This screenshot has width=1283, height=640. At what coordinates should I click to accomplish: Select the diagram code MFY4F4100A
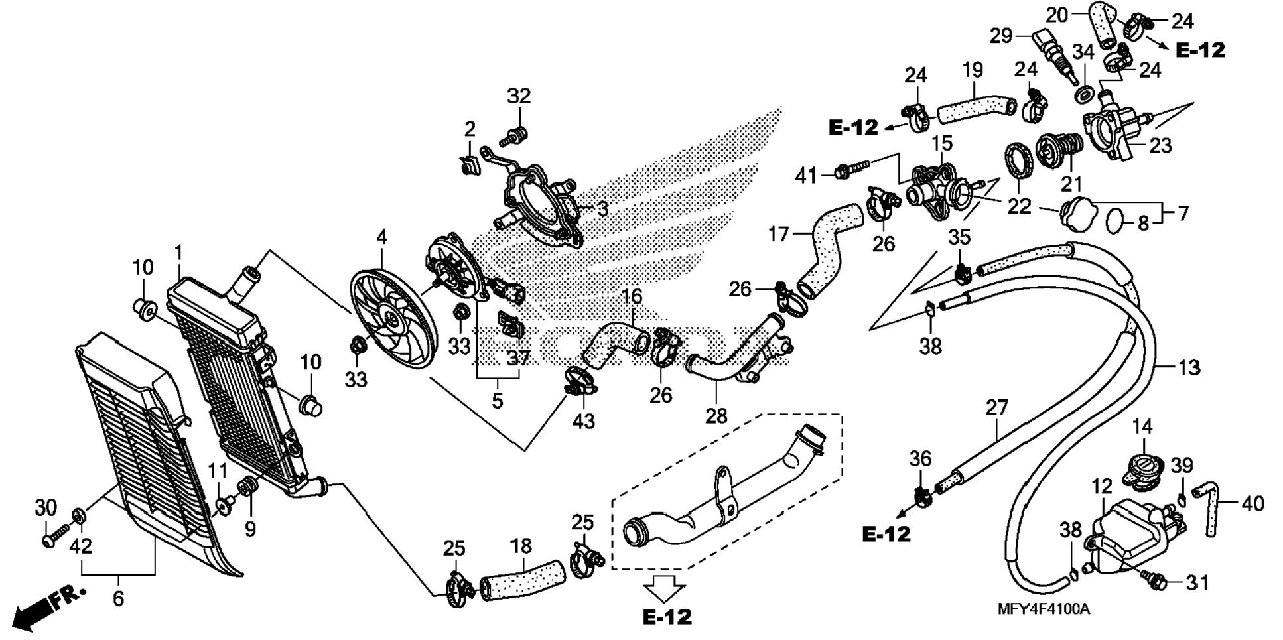1043,609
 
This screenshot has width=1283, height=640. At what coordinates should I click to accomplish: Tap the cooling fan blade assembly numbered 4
394,318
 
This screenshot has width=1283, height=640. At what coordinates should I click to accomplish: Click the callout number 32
519,96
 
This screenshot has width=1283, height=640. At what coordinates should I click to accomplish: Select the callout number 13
1189,367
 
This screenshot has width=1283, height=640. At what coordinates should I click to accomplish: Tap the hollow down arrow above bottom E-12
665,587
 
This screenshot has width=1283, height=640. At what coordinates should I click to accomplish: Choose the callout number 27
997,407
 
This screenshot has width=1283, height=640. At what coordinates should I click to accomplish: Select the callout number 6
118,598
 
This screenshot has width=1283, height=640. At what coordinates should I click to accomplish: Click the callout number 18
521,546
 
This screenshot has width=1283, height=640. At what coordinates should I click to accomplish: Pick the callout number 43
584,421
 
